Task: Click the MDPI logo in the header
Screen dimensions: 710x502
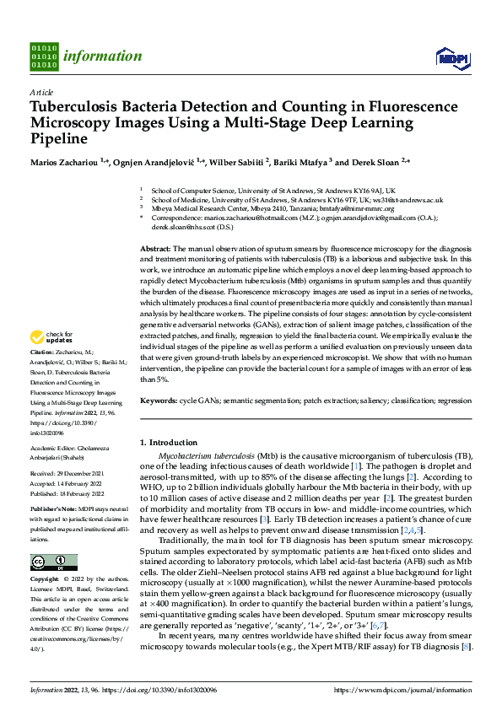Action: [x=451, y=57]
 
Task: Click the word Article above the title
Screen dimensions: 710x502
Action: [x=41, y=92]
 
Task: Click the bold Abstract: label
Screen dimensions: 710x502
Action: [x=155, y=250]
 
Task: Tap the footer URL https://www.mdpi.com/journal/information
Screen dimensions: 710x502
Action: [x=402, y=691]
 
